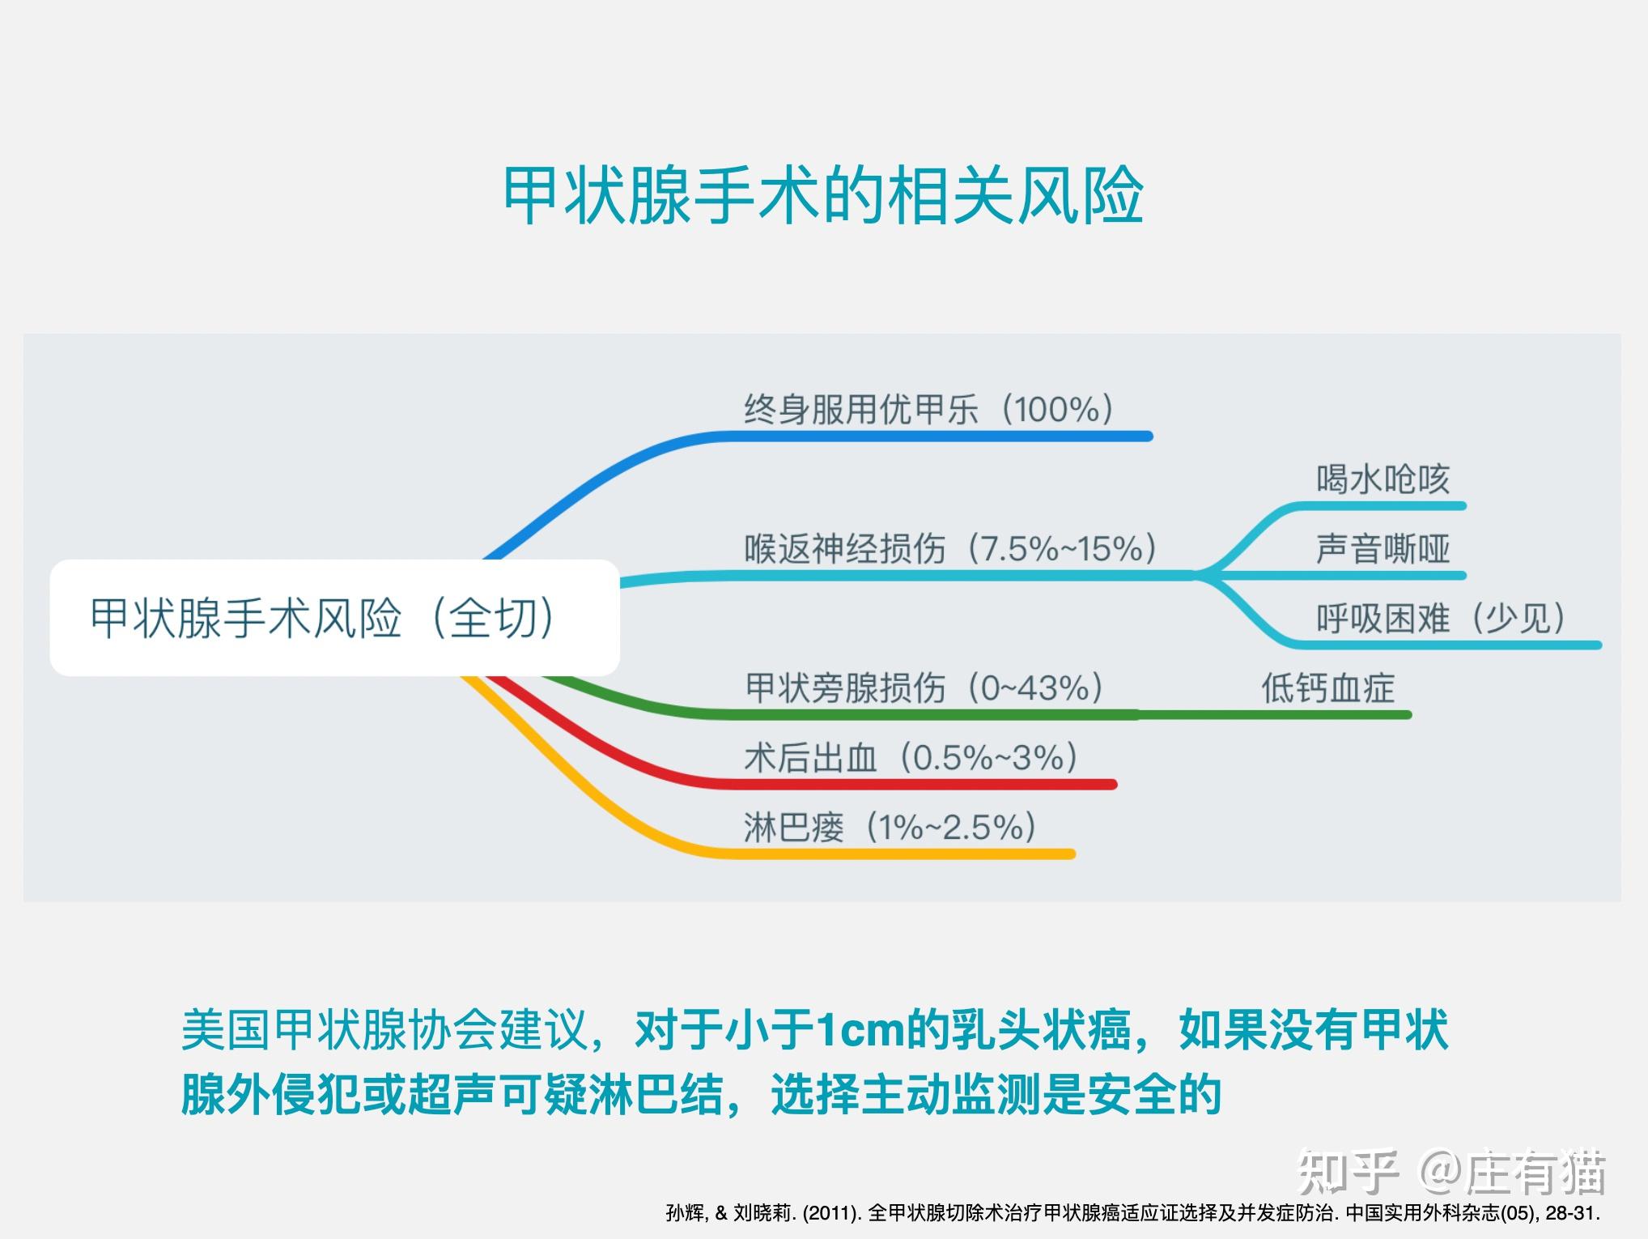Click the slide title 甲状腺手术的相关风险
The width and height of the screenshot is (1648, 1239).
pos(823,197)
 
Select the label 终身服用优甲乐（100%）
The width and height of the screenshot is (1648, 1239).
pos(929,409)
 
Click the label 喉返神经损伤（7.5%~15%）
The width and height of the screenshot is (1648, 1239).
pos(951,548)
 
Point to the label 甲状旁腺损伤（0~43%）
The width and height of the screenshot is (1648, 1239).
pos(924,688)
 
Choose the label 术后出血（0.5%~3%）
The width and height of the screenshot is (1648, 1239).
pos(911,757)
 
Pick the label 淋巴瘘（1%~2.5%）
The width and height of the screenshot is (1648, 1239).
pos(890,827)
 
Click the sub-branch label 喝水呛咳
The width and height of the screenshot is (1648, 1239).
pos(1383,479)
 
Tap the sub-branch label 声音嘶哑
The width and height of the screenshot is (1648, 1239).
pos(1383,549)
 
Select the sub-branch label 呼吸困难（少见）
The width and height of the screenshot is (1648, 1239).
pos(1442,618)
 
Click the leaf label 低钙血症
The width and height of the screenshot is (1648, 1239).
pos(1328,688)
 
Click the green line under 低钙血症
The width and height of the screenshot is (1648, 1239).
pos(1275,714)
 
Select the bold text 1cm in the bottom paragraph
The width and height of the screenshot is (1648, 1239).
pos(859,1030)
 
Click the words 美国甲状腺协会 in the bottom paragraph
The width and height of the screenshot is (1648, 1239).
pos(316,1030)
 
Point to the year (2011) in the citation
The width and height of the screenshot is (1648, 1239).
pos(831,1213)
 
